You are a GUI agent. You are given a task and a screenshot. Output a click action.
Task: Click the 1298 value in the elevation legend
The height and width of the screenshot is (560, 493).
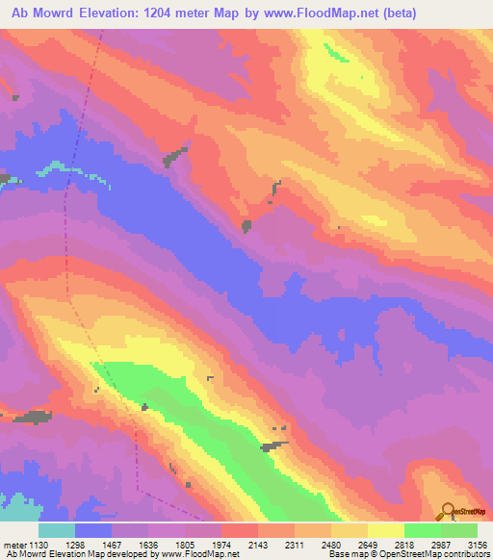click(x=75, y=543)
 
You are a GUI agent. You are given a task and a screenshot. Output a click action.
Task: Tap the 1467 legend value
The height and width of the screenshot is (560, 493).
click(x=112, y=543)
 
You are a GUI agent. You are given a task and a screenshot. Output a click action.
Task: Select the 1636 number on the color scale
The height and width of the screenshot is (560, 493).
click(x=148, y=543)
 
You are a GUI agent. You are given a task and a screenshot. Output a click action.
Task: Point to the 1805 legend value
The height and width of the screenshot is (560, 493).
click(x=185, y=543)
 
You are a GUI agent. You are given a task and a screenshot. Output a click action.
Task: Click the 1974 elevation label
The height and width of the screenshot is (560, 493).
click(x=221, y=543)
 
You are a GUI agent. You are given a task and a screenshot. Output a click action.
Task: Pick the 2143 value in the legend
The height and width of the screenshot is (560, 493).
click(x=258, y=543)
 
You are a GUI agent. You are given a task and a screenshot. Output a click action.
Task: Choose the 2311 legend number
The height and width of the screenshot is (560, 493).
click(x=295, y=543)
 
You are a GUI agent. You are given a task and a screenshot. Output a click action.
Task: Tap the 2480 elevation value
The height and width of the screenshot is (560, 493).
click(x=331, y=543)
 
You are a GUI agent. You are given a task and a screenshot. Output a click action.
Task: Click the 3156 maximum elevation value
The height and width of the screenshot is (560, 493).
click(x=476, y=543)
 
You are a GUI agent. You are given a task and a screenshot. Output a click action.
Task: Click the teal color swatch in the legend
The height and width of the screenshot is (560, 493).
click(x=57, y=530)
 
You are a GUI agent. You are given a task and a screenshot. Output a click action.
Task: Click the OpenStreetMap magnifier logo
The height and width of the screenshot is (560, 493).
click(x=447, y=510)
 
